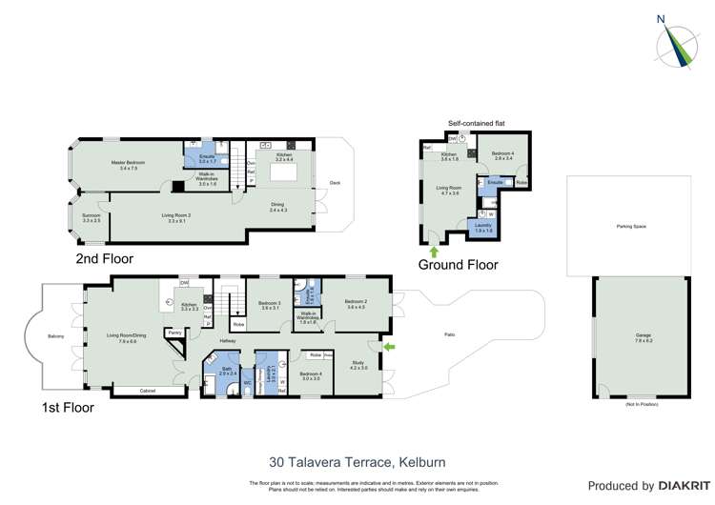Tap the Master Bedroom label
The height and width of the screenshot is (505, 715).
coord(124,164)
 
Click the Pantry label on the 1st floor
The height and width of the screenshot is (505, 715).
coord(175,332)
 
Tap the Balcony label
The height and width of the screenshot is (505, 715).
coord(56,335)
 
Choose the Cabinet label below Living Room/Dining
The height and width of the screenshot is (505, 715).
coord(147,391)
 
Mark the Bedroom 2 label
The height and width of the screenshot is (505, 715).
coord(357,302)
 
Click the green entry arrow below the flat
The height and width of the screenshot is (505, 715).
coord(435,252)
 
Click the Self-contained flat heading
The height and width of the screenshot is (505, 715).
coord(474,124)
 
